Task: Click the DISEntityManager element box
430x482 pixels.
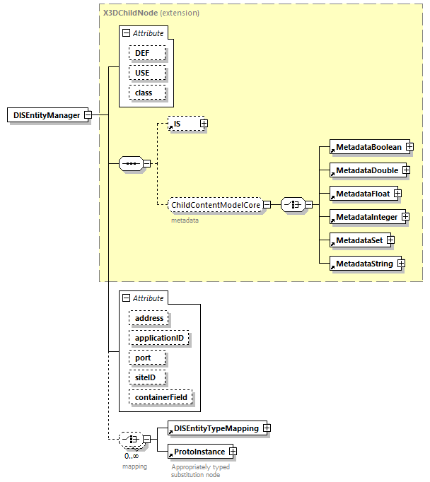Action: pyautogui.click(x=47, y=115)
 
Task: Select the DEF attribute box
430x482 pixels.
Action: pyautogui.click(x=147, y=53)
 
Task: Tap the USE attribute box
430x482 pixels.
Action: pyautogui.click(x=147, y=73)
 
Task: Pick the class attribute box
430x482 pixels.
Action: pyautogui.click(x=147, y=93)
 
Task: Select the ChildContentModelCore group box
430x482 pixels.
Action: pyautogui.click(x=216, y=205)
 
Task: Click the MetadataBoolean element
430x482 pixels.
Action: pyautogui.click(x=368, y=147)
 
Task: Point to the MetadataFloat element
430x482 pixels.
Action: pyautogui.click(x=361, y=193)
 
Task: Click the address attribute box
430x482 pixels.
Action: pyautogui.click(x=149, y=318)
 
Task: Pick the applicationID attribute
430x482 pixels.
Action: pyautogui.click(x=159, y=338)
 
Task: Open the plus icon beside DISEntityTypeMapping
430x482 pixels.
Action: pyautogui.click(x=266, y=428)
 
